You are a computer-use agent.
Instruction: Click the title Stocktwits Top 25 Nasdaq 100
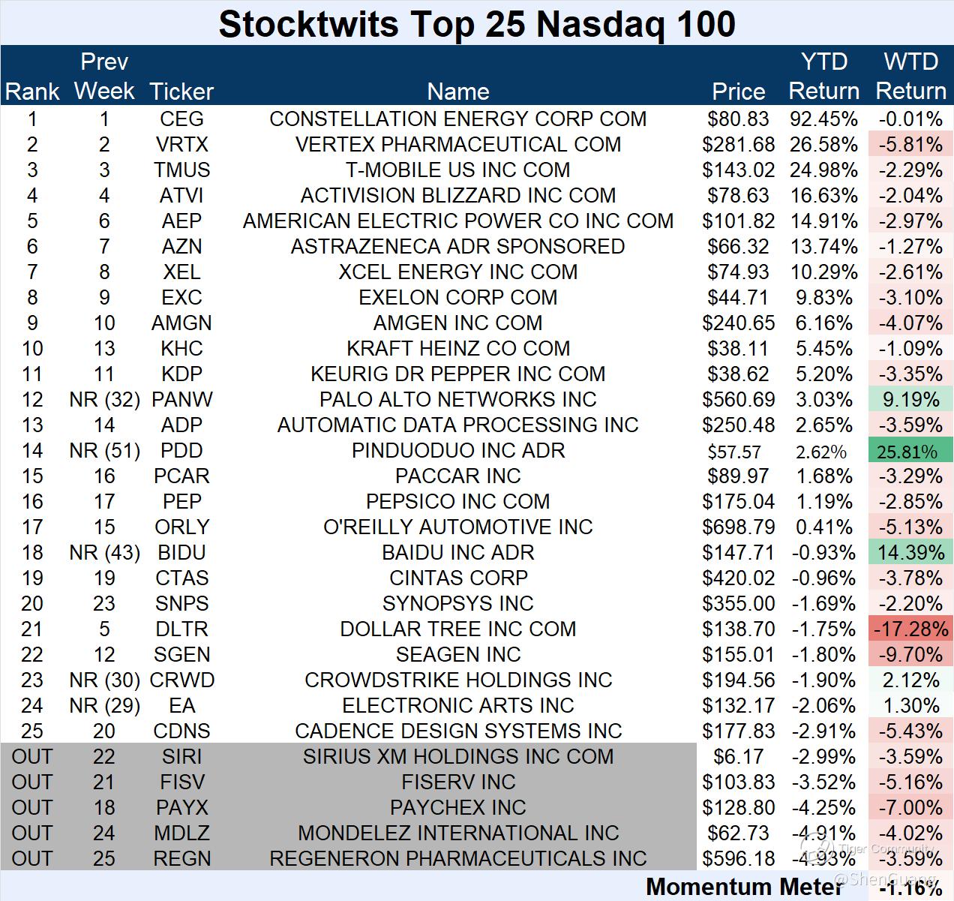[x=477, y=24]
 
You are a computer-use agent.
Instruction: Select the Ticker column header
[x=181, y=92]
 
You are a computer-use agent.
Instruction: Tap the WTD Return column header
[x=910, y=77]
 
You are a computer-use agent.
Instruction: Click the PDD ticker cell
[x=181, y=451]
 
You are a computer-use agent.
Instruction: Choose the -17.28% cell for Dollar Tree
[x=910, y=629]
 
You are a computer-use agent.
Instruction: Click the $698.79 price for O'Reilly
[x=738, y=527]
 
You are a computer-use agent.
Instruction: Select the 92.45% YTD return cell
[x=823, y=119]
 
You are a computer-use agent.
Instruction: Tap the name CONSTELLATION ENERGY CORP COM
[x=457, y=119]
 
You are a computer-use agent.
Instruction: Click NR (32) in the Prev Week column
[x=104, y=400]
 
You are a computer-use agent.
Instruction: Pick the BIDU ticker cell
[x=181, y=553]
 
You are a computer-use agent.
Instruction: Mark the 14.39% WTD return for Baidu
[x=910, y=553]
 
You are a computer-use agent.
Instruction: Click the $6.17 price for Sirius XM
[x=738, y=757]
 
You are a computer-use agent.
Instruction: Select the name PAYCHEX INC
[x=457, y=808]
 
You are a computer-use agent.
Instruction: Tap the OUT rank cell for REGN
[x=32, y=859]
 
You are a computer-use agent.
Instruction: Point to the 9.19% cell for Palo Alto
[x=910, y=400]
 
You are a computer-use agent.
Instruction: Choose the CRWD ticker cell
[x=181, y=680]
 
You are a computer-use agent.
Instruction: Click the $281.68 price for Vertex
[x=738, y=145]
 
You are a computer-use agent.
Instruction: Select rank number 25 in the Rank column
[x=32, y=731]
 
